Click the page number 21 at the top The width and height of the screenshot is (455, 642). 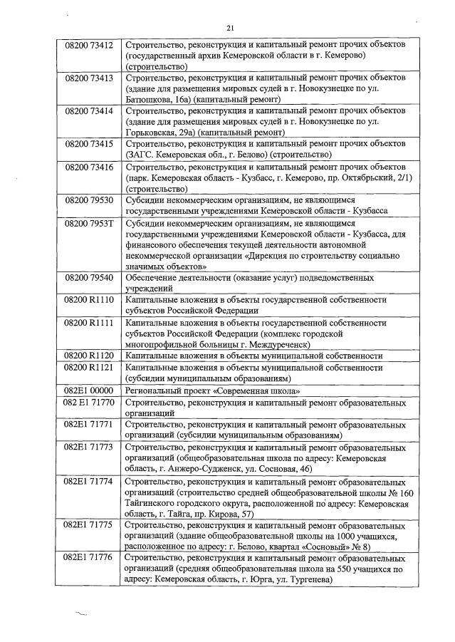229,28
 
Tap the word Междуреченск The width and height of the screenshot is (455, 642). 285,345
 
